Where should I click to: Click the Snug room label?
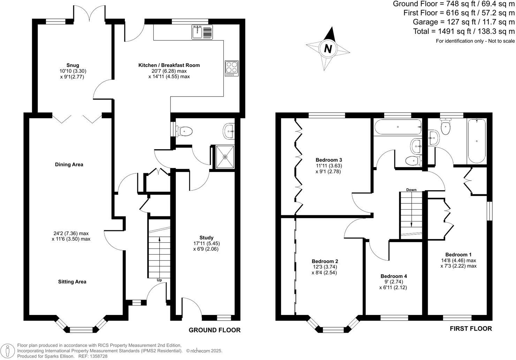click(x=73, y=65)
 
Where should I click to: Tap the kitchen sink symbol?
click(x=197, y=32)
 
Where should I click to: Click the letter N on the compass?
click(x=328, y=48)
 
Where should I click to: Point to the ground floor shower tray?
click(x=225, y=157)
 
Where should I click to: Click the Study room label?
click(x=206, y=238)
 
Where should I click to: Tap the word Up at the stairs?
click(x=159, y=280)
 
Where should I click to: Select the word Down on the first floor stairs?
click(x=411, y=190)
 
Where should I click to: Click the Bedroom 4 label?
click(x=394, y=276)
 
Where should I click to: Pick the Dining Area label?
click(x=69, y=164)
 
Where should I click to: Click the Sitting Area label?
click(x=72, y=282)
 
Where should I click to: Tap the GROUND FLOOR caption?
click(x=214, y=330)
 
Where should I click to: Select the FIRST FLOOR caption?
click(x=471, y=329)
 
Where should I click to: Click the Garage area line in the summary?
click(x=463, y=22)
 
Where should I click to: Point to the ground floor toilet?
click(x=184, y=131)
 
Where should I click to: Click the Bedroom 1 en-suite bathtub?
click(x=477, y=141)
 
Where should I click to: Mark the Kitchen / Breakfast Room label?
click(x=169, y=65)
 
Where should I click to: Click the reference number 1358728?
click(x=98, y=356)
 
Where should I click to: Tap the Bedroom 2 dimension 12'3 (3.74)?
click(x=324, y=267)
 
